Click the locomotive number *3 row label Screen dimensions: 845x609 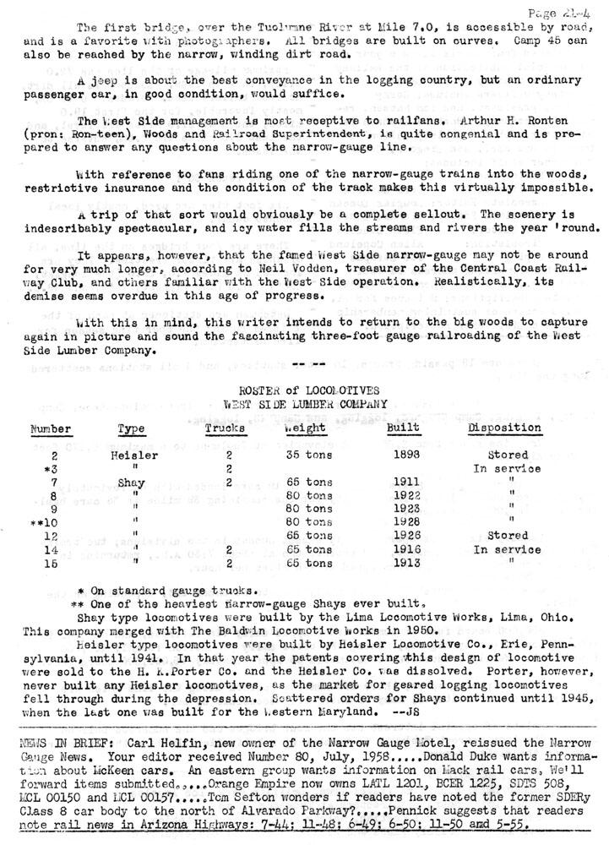pyautogui.click(x=49, y=468)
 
